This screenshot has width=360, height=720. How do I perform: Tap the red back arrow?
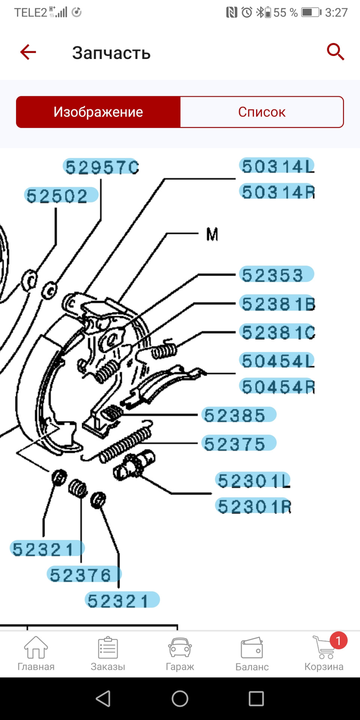pos(28,52)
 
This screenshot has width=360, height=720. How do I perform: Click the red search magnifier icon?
pos(335,52)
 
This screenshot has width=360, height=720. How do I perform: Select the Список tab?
pos(262,112)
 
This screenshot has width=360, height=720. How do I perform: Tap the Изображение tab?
pos(98,112)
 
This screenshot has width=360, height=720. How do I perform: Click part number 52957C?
pos(101,167)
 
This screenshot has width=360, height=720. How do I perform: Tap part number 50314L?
pos(277,166)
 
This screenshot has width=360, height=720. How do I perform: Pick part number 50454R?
pos(277,387)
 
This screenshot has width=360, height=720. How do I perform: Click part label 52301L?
pos(253,480)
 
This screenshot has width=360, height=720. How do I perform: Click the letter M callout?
pos(212,235)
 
